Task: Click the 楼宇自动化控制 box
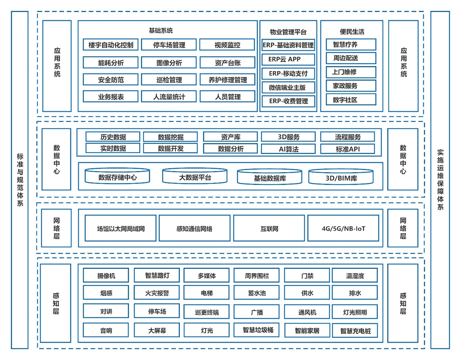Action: pos(110,45)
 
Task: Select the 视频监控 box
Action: pos(227,45)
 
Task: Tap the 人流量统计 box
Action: pos(169,97)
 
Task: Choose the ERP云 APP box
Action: pos(288,59)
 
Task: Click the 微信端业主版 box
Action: pos(288,88)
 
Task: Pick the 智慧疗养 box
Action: pos(351,45)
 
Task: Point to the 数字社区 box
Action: pos(351,100)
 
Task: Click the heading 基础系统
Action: pos(161,31)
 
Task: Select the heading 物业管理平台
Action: pos(288,32)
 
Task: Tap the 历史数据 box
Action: pos(113,137)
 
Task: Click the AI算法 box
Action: pos(288,149)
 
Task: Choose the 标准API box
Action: pos(347,149)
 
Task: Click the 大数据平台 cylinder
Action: pos(195,177)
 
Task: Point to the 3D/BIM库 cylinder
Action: pos(341,178)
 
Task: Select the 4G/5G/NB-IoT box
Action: pos(343,228)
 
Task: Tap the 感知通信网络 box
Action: pos(194,228)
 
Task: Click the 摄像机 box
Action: pos(106,276)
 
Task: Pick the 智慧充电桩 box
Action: pos(355,331)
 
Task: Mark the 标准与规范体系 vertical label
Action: pos(20,180)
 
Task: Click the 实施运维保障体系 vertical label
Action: pos(440,180)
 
